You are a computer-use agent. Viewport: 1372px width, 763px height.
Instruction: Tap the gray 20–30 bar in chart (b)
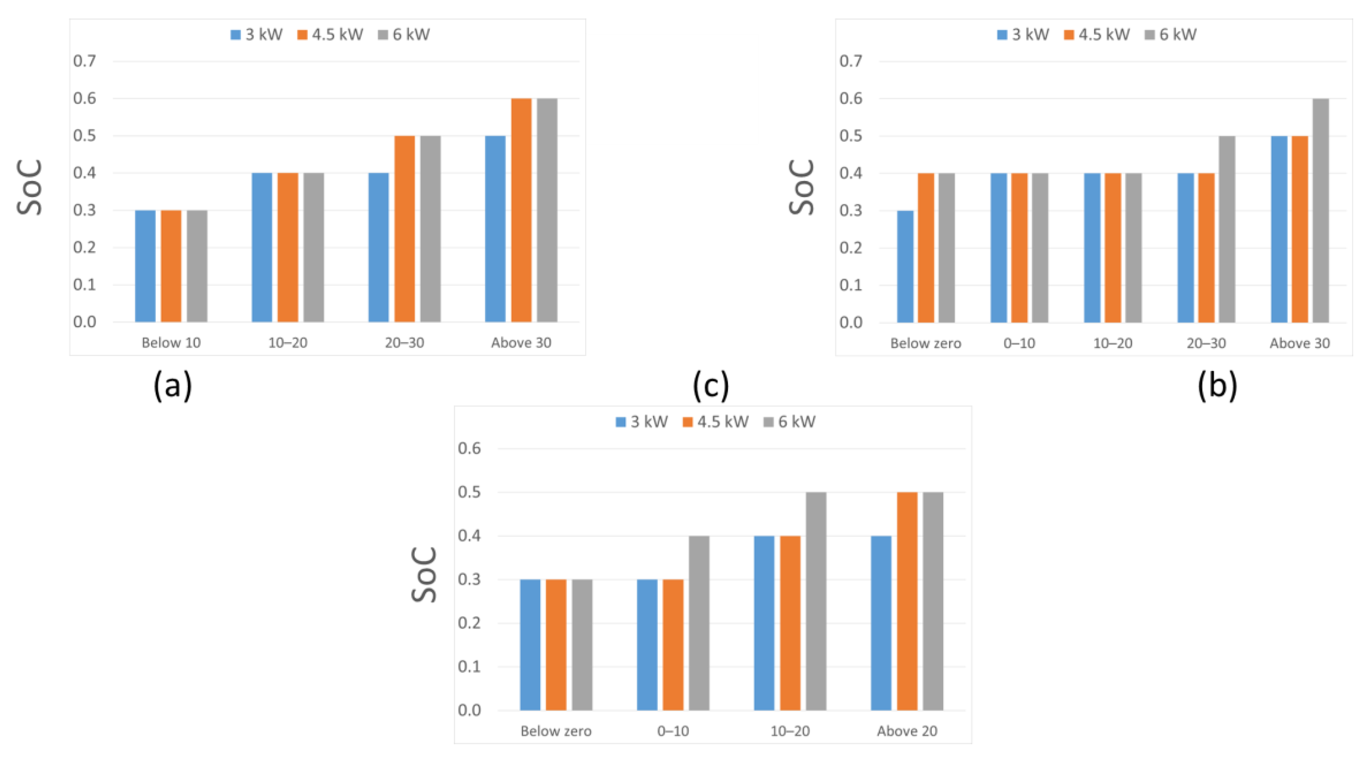click(x=1227, y=229)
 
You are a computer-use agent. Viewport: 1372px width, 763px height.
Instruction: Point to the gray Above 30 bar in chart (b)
click(x=1320, y=210)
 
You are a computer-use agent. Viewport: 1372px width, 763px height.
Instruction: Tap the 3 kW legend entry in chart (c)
click(x=642, y=422)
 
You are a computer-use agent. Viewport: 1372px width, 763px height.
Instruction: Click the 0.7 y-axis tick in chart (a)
click(x=85, y=61)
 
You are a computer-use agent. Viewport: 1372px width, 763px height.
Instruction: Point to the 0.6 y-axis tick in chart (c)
click(x=469, y=448)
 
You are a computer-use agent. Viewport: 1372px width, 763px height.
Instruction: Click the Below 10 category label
click(x=171, y=343)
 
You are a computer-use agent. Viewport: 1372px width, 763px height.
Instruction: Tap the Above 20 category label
click(x=907, y=731)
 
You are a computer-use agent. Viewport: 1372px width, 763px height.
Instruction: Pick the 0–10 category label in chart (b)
click(x=1019, y=343)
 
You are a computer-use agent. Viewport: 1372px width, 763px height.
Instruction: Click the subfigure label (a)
click(x=173, y=386)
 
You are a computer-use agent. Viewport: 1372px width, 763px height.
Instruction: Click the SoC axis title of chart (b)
click(x=801, y=187)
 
